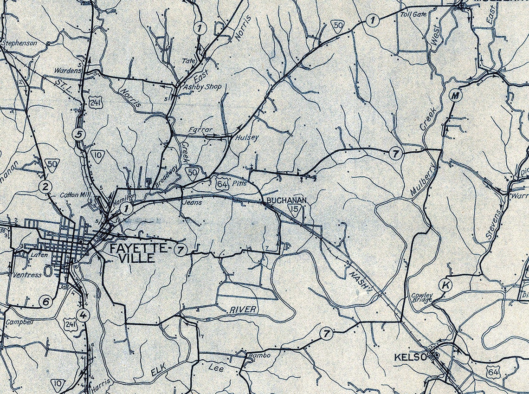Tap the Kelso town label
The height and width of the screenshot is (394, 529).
point(410,357)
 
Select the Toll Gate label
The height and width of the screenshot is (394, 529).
point(413,14)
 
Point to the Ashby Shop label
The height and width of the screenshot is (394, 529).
point(203,87)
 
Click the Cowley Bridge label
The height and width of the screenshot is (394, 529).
point(422,297)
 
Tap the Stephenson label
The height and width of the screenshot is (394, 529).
point(19,43)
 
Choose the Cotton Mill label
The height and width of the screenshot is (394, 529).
point(74,195)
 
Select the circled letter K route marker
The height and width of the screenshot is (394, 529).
point(445,285)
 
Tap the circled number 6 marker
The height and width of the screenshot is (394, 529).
point(45,302)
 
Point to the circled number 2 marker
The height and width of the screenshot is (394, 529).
point(45,187)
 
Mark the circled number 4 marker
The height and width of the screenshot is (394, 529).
point(83,315)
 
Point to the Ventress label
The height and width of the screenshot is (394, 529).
point(27,275)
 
